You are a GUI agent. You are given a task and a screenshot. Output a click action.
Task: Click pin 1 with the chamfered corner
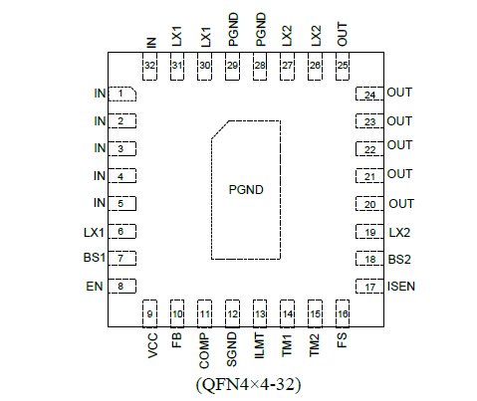122,94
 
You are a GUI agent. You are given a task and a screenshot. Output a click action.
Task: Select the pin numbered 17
369,287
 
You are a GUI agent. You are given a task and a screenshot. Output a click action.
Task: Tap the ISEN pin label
401,287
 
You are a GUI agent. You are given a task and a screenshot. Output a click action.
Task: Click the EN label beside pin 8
95,287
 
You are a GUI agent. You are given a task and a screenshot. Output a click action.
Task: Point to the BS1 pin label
95,258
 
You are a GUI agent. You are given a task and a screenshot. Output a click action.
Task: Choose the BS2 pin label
399,259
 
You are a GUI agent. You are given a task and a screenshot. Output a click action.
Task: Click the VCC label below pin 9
152,345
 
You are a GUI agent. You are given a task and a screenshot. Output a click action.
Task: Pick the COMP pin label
204,351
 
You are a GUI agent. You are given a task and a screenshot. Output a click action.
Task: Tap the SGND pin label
232,349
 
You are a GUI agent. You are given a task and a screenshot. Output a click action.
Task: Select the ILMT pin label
259,345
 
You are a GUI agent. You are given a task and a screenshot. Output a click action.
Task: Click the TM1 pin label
287,345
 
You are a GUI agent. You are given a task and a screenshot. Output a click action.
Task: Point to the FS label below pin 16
342,340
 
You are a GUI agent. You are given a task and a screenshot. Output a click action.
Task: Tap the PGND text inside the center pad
246,190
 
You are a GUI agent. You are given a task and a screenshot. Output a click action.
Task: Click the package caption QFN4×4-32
248,384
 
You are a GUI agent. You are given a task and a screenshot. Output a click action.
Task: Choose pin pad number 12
232,313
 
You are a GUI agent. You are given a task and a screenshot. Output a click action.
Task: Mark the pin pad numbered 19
369,232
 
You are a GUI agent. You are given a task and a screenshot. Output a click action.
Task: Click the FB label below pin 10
177,340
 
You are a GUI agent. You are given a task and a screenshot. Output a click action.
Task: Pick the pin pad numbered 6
122,231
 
